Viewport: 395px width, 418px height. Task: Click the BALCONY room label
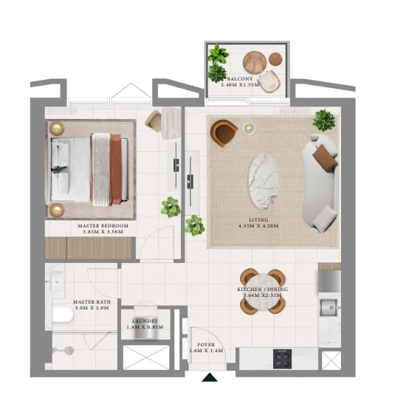[240, 78]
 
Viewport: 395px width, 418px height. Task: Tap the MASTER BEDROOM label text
[103, 225]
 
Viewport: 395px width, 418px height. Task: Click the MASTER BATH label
[92, 302]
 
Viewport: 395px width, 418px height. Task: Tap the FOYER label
[206, 343]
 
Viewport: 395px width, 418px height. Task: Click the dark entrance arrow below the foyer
[210, 378]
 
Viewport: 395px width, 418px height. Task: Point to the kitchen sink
[329, 306]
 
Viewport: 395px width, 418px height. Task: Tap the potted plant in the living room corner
[323, 119]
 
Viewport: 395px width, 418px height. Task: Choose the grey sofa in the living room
[322, 182]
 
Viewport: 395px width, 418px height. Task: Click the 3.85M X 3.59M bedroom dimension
[103, 231]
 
